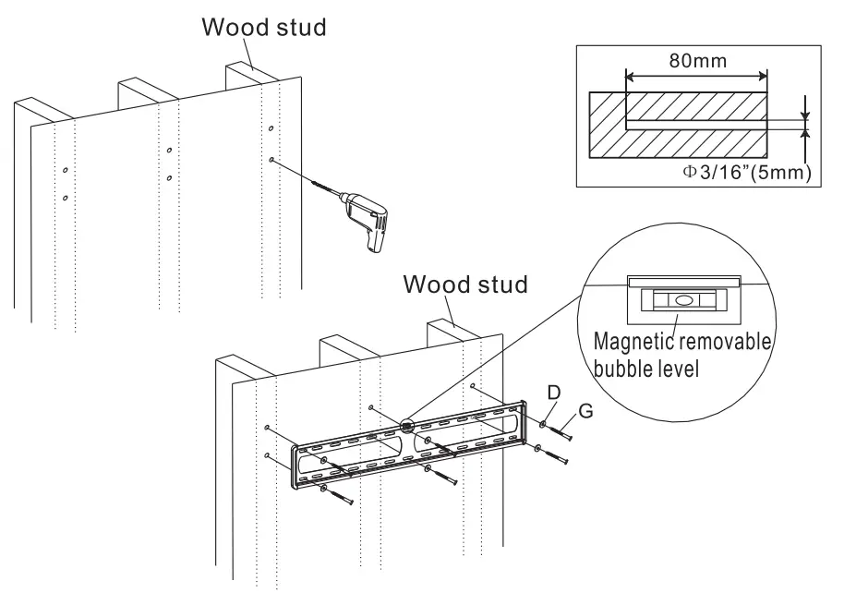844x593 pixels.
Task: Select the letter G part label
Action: coord(585,409)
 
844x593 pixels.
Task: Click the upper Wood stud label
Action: coord(264,27)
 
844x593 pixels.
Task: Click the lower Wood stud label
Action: coord(464,284)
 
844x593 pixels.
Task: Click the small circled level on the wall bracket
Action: coord(410,427)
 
